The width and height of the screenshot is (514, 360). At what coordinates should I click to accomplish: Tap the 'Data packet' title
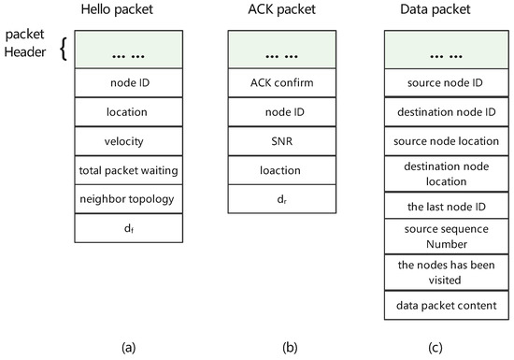(434, 11)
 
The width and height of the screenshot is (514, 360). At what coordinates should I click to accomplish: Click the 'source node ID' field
(434, 83)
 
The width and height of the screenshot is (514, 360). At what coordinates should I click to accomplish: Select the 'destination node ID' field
(434, 112)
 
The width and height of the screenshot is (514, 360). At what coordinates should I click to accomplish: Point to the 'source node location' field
(434, 140)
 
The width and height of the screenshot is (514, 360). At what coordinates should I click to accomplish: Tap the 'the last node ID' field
(434, 206)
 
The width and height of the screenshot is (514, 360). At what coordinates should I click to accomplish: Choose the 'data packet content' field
(434, 305)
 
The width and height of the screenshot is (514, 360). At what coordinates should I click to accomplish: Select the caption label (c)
(434, 348)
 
